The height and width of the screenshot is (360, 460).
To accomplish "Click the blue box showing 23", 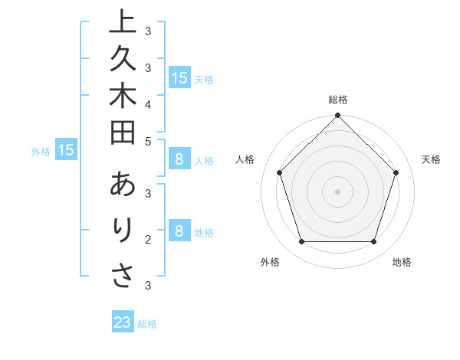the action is pyautogui.click(x=123, y=322).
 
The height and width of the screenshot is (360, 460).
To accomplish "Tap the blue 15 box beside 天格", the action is pyautogui.click(x=179, y=77).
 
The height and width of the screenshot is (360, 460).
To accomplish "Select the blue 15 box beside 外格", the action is pyautogui.click(x=65, y=151).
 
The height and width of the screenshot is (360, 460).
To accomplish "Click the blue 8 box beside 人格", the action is pyautogui.click(x=179, y=159).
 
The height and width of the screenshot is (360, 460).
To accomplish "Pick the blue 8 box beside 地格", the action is pyautogui.click(x=179, y=231).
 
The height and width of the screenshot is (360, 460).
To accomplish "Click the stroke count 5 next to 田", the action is pyautogui.click(x=148, y=141).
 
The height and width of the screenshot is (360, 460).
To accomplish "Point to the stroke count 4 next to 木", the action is pyautogui.click(x=148, y=104).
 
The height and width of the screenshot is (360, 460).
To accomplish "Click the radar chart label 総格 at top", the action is pyautogui.click(x=337, y=100).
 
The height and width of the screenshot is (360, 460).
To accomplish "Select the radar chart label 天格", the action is pyautogui.click(x=431, y=159).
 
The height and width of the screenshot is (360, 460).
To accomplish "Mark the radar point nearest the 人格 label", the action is pyautogui.click(x=280, y=172).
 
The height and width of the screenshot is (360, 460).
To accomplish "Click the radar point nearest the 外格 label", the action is pyautogui.click(x=301, y=242).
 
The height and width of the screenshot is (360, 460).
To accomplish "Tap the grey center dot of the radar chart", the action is pyautogui.click(x=337, y=191).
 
